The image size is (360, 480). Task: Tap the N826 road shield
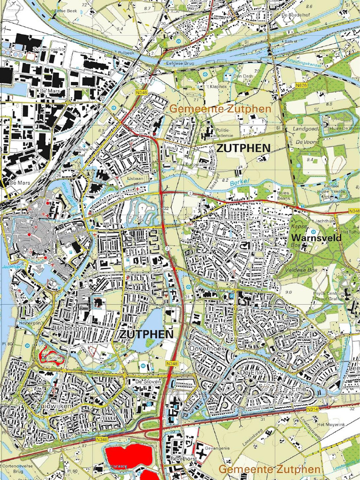pos(302,85)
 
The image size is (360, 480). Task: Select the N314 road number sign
pos(313,410)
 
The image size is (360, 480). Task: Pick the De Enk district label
pos(249,372)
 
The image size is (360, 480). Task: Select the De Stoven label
pos(148,382)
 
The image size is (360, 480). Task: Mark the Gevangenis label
pos(217,448)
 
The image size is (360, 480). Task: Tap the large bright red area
pos(128,455)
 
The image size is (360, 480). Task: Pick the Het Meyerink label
pos(328,424)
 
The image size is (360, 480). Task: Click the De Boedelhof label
pos(294,15)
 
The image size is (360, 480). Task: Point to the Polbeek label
pos(126,53)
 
